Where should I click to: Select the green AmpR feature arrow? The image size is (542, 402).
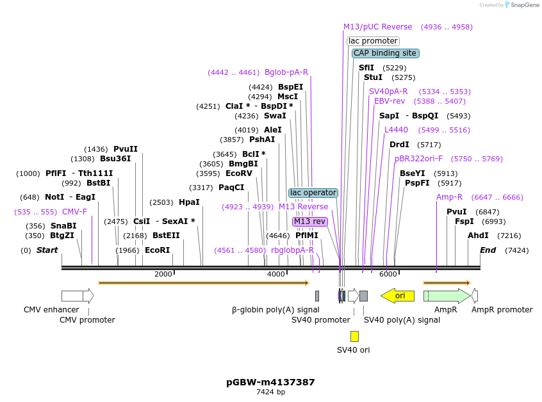click(x=446, y=296)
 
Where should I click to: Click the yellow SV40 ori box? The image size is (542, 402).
click(x=354, y=336)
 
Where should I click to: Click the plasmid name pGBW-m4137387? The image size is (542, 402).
click(x=270, y=382)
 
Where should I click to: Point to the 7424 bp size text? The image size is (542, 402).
click(x=270, y=392)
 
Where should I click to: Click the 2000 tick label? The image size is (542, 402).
click(x=163, y=274)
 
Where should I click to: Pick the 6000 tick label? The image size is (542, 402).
click(x=388, y=274)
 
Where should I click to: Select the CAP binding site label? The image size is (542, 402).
click(x=385, y=53)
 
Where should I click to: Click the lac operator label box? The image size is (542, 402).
click(x=313, y=193)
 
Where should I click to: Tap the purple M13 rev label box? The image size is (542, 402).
click(x=310, y=221)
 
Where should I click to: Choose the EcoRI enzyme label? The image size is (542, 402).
click(x=157, y=250)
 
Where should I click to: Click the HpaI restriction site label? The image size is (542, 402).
click(x=189, y=202)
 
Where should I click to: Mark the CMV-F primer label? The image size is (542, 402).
click(x=74, y=212)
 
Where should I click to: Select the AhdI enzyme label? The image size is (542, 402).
click(x=478, y=236)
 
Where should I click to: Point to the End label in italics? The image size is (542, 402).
click(x=488, y=250)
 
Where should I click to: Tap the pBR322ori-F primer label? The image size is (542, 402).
click(x=418, y=159)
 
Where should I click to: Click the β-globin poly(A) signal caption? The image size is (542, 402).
click(x=275, y=310)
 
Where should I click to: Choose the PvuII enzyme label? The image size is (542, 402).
click(x=126, y=149)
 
